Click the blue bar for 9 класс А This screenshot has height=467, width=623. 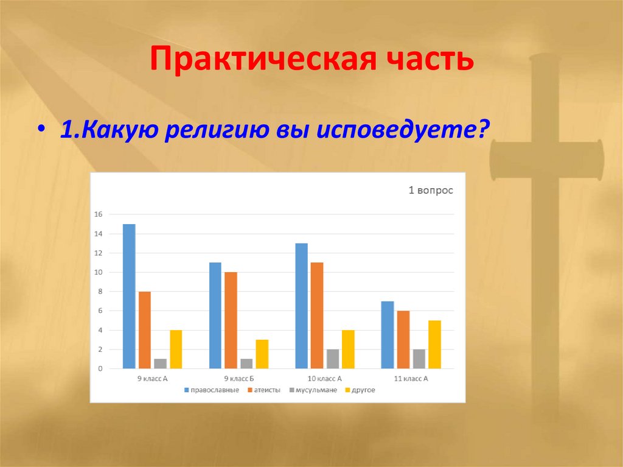(129, 296)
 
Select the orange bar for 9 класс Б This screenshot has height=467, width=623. (231, 320)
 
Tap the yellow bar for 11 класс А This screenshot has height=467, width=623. (434, 344)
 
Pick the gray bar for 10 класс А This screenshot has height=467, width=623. (333, 359)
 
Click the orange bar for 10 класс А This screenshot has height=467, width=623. (317, 315)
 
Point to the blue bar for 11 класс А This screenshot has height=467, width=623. (388, 334)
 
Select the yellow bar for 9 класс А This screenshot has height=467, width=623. (176, 349)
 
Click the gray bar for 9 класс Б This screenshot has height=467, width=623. (246, 363)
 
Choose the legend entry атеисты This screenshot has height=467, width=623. (265, 390)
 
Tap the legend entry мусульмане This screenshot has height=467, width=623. (315, 390)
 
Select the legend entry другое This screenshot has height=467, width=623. (363, 390)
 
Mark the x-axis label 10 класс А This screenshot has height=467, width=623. (325, 379)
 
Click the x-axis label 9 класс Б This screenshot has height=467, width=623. (238, 379)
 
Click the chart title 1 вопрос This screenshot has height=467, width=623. (430, 191)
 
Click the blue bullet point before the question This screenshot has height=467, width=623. (41, 132)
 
